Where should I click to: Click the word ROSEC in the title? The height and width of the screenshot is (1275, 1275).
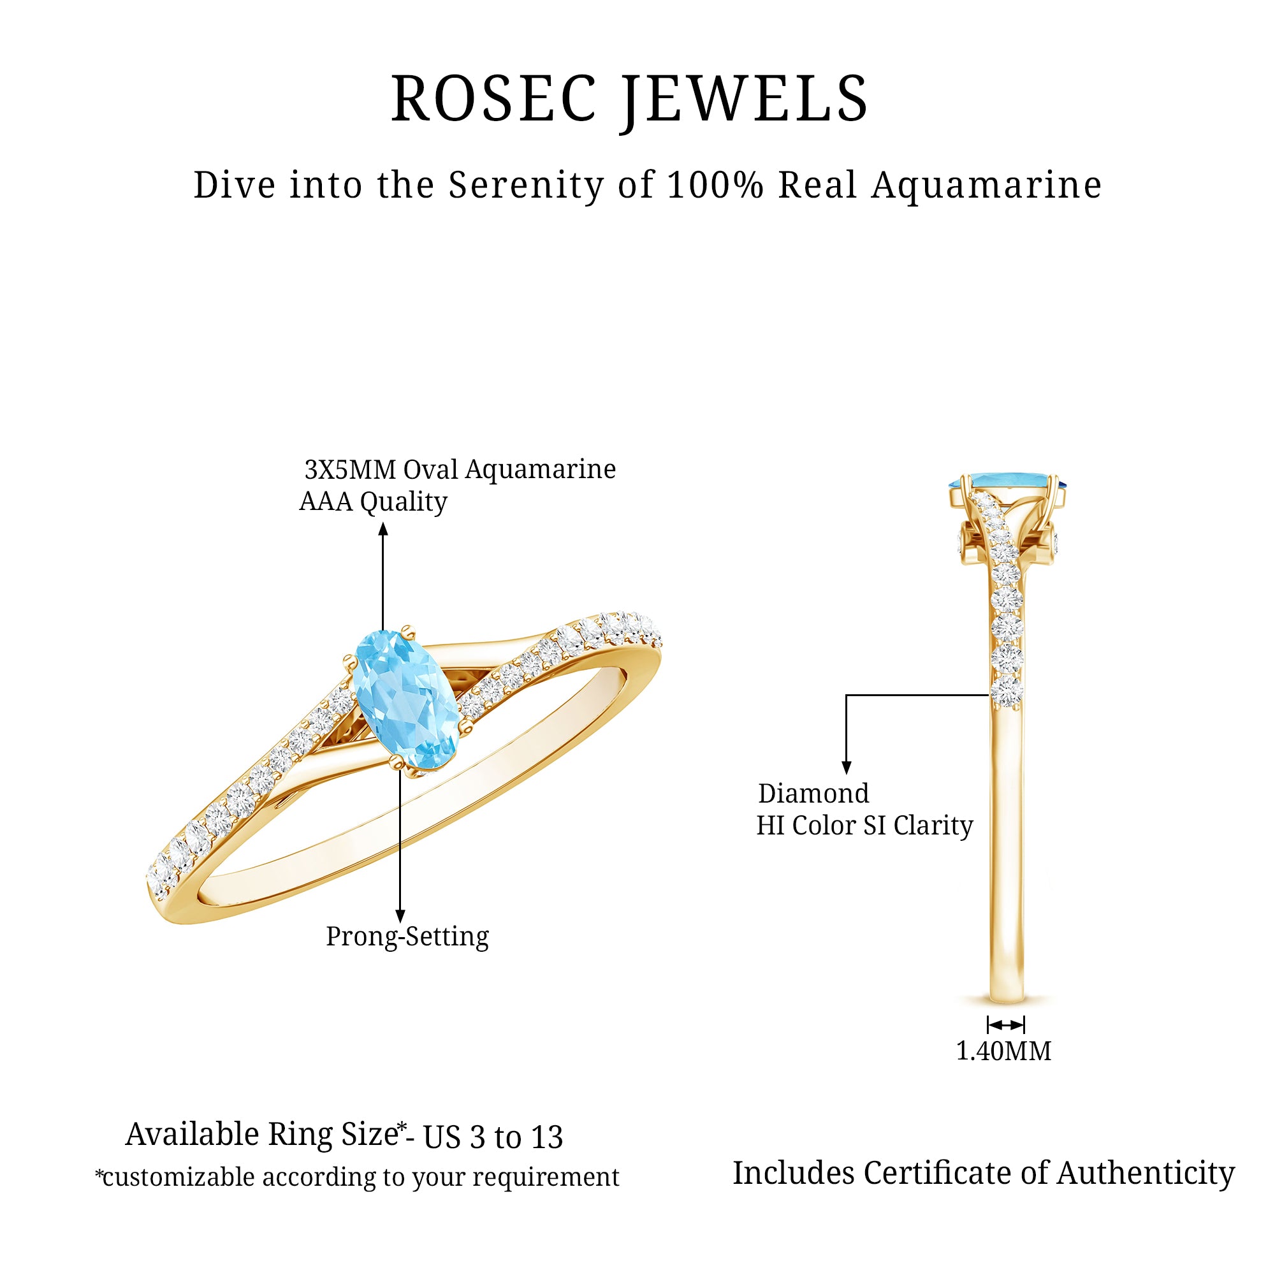[493, 99]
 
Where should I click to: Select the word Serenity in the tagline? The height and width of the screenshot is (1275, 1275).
[526, 186]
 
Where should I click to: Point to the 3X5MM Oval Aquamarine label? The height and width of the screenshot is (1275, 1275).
[460, 469]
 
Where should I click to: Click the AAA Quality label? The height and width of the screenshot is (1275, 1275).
[374, 502]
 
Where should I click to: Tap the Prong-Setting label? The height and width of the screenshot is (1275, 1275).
[407, 936]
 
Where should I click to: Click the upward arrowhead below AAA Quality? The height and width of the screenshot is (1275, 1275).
[382, 529]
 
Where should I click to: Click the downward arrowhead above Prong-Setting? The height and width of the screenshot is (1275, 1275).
[400, 916]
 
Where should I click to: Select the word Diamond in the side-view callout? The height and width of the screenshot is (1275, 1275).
[813, 793]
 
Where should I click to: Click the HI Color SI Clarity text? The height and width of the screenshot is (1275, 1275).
[864, 826]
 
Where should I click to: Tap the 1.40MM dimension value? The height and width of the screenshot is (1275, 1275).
[1004, 1051]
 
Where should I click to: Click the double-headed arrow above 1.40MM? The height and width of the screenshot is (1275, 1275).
[1006, 1025]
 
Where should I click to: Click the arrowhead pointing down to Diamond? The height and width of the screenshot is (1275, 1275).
[847, 768]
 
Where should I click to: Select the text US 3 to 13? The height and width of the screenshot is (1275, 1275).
[493, 1137]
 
